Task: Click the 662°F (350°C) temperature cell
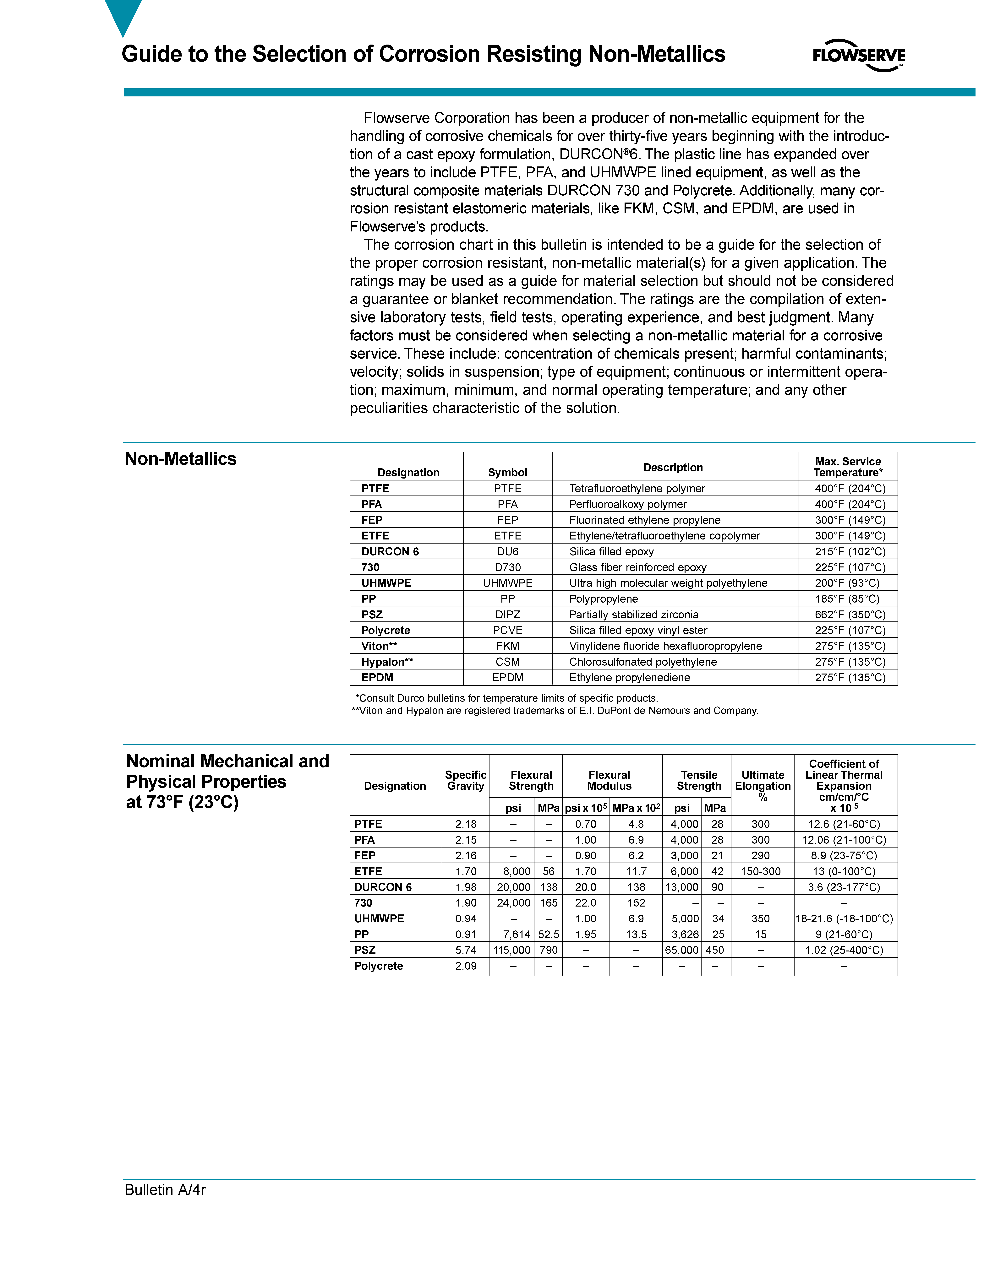[x=849, y=614]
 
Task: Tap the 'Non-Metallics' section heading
[x=181, y=459]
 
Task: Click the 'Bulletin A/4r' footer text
[x=165, y=1190]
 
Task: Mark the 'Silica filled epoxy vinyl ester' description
[x=638, y=630]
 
